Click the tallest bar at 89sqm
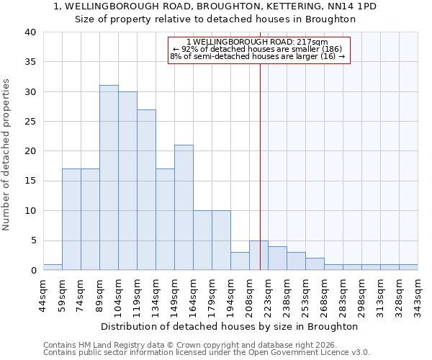click(x=109, y=178)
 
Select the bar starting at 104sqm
click(x=127, y=181)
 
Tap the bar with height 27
click(x=146, y=190)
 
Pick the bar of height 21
click(x=184, y=207)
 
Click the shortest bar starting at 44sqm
click(x=53, y=267)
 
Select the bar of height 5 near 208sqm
click(x=258, y=256)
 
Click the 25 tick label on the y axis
click(x=30, y=122)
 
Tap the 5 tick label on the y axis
click(x=32, y=240)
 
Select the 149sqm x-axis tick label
click(x=174, y=294)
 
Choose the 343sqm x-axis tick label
click(x=418, y=294)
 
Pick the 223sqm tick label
click(x=268, y=294)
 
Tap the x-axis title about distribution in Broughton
click(x=229, y=326)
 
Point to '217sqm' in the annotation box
click(x=314, y=42)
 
